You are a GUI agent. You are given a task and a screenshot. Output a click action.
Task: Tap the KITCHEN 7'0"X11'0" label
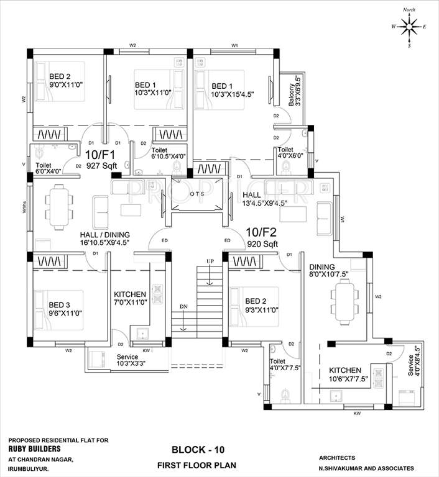pos(130,298)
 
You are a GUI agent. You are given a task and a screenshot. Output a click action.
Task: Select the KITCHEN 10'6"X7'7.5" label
pos(348,374)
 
